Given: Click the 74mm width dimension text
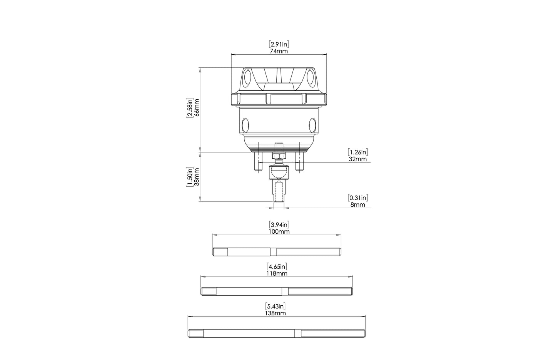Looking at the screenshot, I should [x=279, y=51].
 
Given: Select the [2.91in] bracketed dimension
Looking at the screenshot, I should [x=279, y=44].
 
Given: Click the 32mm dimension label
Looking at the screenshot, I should [x=357, y=159].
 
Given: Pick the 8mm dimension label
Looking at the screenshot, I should [x=357, y=204].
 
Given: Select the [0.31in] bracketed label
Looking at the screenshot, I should [x=357, y=198].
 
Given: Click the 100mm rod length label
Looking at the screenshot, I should [x=279, y=231].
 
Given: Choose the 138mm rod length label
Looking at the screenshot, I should [x=276, y=313].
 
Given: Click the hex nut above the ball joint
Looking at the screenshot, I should [x=278, y=156].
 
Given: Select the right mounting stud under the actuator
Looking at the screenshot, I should [x=299, y=162].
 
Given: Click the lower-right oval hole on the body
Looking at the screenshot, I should [x=312, y=124].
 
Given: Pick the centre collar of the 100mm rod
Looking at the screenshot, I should [x=273, y=252].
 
